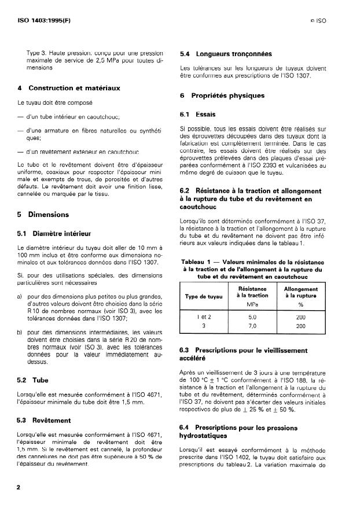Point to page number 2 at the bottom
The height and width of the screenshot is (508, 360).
pos(19,487)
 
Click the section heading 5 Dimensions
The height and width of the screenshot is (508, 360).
pos(43,214)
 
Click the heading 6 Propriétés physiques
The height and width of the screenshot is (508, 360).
pos(222,95)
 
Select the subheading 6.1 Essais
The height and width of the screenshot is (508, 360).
pos(197,115)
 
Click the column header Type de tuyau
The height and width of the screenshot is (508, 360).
pos(203,297)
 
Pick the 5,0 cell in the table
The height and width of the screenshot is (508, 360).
pos(252,317)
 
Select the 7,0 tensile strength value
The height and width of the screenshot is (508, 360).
pos(252,326)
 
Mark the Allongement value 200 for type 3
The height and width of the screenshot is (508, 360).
pos(300,326)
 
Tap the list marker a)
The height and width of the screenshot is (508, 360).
pos(20,296)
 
